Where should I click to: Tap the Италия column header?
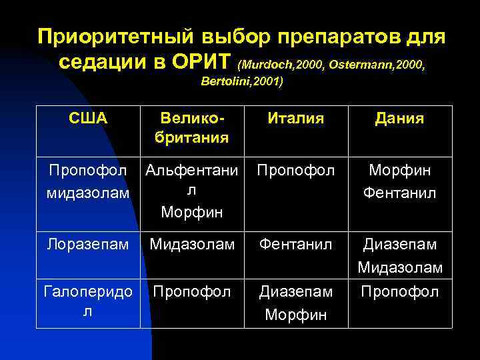coord(296,119)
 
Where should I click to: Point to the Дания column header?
coord(399,119)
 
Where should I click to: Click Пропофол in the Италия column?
coord(296,170)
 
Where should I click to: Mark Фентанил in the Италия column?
coord(296,245)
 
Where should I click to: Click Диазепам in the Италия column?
coord(296,291)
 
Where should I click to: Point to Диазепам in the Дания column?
coord(399,245)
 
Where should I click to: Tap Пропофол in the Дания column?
coord(399,291)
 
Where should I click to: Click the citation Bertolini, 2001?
coord(241,82)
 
